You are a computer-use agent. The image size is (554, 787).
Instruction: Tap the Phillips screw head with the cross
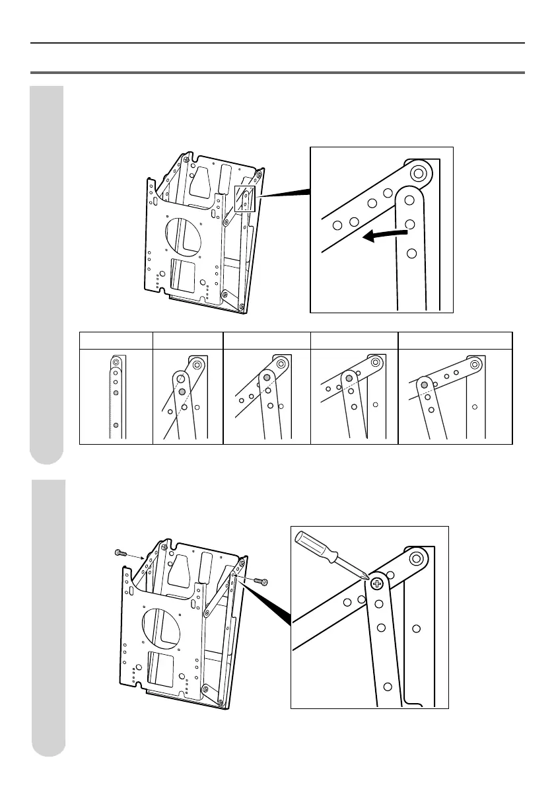(377, 583)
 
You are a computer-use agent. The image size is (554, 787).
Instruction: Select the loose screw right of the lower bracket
(261, 581)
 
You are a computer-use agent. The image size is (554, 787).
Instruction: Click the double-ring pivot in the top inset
(417, 174)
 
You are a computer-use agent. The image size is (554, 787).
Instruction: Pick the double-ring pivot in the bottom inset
(415, 559)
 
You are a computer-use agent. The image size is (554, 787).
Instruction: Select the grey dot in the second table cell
(182, 392)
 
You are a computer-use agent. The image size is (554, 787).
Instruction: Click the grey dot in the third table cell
(267, 378)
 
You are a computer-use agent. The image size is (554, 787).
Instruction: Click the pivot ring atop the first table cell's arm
(116, 362)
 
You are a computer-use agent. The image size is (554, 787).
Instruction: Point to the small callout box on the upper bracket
(244, 198)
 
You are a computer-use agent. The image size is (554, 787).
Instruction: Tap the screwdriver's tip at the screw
(364, 577)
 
